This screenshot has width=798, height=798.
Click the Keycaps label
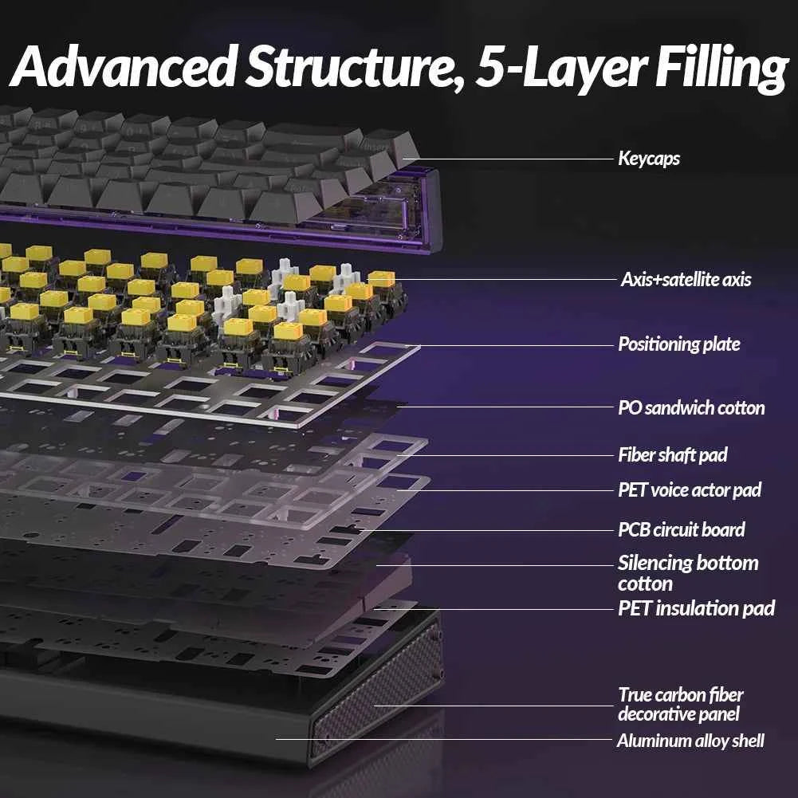point(648,159)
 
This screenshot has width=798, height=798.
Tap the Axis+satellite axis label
point(686,279)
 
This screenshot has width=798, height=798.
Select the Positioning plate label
point(679,344)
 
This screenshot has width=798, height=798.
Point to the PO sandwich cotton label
point(691,407)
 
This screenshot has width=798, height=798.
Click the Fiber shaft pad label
point(673,455)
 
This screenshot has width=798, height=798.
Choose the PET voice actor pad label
point(690,490)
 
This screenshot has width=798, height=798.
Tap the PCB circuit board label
point(682,530)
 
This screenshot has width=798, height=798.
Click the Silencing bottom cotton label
point(688,573)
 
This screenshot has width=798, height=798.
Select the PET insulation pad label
point(696,608)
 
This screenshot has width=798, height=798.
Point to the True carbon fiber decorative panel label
point(681,705)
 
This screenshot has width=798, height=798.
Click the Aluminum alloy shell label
point(690,741)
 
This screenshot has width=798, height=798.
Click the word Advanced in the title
point(124,66)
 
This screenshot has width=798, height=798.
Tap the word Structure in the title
point(354,67)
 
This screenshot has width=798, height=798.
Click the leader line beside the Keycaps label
point(509,159)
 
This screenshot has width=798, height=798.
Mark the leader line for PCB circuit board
point(487,530)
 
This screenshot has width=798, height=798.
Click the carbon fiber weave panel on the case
point(379,692)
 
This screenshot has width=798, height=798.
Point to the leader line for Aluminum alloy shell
point(444,740)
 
